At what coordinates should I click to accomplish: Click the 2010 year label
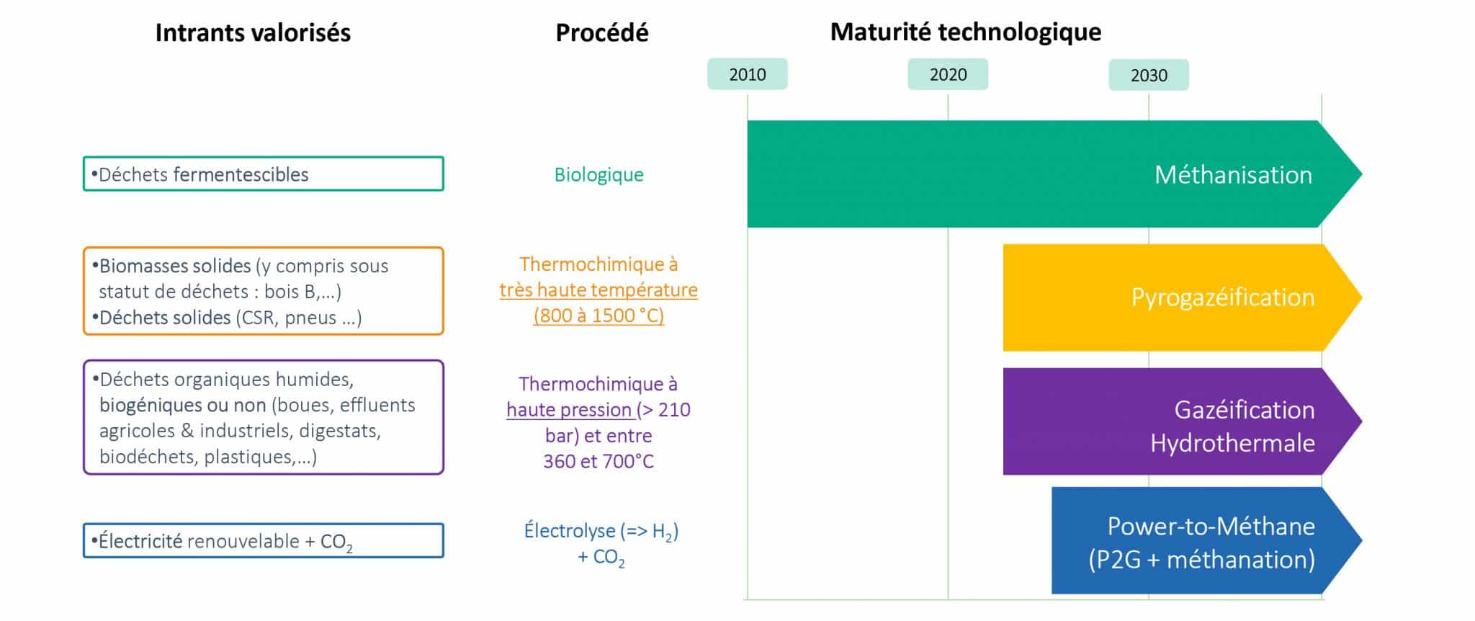[x=747, y=74]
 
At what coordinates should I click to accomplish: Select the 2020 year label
[x=948, y=74]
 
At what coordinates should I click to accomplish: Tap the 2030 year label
[x=1148, y=75]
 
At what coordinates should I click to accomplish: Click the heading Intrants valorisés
[x=253, y=32]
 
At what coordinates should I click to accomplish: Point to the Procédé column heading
[x=601, y=32]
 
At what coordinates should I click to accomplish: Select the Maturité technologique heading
[x=965, y=32]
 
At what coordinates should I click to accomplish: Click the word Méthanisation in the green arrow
[x=1233, y=174]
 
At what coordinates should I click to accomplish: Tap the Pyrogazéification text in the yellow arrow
[x=1222, y=297]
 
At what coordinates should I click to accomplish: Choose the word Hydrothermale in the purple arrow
[x=1232, y=442]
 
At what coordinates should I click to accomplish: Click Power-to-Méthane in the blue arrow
[x=1211, y=526]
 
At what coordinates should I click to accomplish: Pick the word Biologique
[x=598, y=174]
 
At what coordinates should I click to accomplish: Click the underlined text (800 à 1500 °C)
[x=598, y=316]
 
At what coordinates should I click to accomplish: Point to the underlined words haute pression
[x=569, y=409]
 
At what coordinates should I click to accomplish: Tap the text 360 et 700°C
[x=598, y=461]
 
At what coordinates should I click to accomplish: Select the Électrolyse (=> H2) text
[x=601, y=531]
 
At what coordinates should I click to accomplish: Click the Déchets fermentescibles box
[x=263, y=174]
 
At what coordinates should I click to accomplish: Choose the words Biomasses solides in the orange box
[x=175, y=266]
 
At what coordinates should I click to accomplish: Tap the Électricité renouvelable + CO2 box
[x=263, y=540]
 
